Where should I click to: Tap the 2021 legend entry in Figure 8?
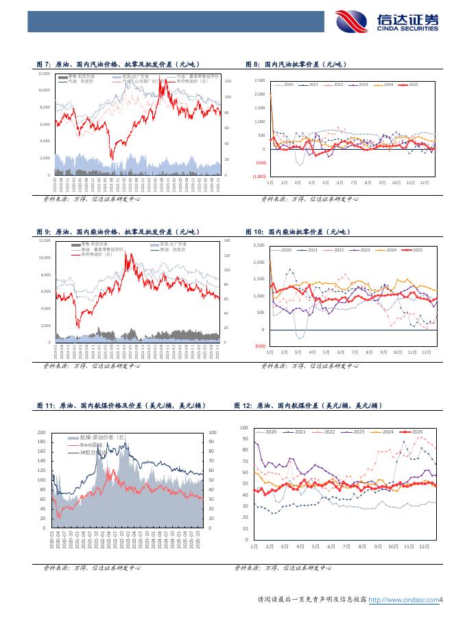tap(313, 84)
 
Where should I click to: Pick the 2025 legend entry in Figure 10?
tap(413, 249)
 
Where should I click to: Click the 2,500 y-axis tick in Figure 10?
tap(259, 245)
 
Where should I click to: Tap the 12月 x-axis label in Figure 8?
tap(425, 182)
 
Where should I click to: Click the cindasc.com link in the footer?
tap(403, 600)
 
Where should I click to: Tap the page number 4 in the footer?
tap(442, 600)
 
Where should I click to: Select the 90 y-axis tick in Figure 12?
tap(245, 438)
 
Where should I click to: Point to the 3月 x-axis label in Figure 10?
tap(298, 351)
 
